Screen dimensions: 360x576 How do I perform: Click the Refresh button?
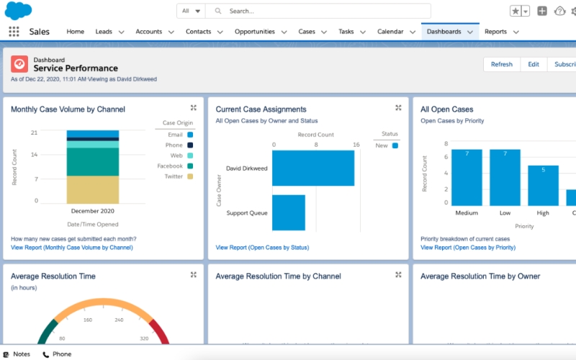(x=501, y=64)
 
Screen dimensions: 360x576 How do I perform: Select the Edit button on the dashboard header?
(x=533, y=64)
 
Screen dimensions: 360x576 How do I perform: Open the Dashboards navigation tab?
(x=444, y=32)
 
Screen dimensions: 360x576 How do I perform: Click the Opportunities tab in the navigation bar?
(x=254, y=32)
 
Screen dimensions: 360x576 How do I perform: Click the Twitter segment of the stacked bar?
(x=93, y=190)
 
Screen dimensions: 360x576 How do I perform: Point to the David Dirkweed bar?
(x=313, y=168)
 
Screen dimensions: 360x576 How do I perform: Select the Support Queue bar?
(x=289, y=212)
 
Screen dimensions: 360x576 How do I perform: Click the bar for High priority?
(x=543, y=186)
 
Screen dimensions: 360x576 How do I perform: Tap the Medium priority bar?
(x=467, y=178)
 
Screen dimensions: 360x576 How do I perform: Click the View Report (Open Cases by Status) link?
(x=262, y=248)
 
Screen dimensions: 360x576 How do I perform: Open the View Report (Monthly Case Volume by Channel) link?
(x=72, y=248)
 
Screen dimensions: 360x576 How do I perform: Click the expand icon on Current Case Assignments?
(x=398, y=108)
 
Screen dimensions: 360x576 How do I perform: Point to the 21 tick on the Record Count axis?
(x=34, y=133)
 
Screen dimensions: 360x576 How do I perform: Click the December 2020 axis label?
(x=93, y=212)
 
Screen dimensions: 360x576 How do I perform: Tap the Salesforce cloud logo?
(x=18, y=10)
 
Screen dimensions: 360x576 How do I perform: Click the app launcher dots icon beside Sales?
(x=14, y=32)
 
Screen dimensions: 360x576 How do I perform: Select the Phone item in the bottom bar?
(x=57, y=354)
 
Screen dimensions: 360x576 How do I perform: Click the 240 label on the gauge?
(x=119, y=320)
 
